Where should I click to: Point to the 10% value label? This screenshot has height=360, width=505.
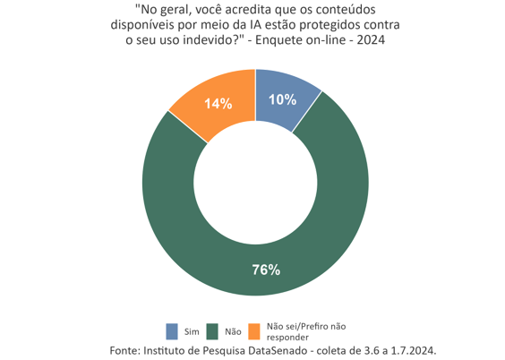[283, 100]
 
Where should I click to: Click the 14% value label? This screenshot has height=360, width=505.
[218, 104]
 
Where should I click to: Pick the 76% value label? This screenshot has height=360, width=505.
[266, 270]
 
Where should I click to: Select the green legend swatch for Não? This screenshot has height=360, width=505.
[213, 331]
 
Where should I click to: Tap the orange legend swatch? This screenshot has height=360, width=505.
[254, 331]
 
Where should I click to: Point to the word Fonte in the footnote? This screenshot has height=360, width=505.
[124, 349]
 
